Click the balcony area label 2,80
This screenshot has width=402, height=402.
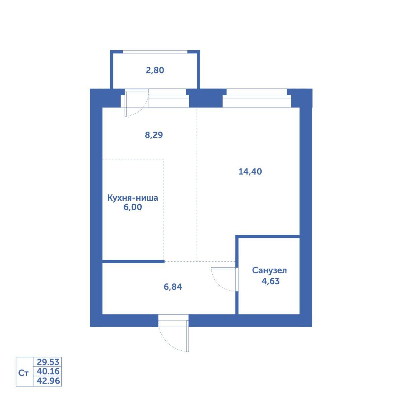click(x=155, y=70)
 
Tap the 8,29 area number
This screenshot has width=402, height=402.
click(x=154, y=135)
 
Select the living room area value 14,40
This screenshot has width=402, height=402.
click(x=250, y=172)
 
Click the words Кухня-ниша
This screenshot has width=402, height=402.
click(x=133, y=198)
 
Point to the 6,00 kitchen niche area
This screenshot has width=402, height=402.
click(x=133, y=207)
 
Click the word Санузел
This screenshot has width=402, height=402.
click(x=269, y=270)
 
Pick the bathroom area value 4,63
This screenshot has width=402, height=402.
click(x=271, y=281)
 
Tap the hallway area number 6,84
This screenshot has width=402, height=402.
click(x=173, y=287)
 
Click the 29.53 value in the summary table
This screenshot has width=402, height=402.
click(x=48, y=362)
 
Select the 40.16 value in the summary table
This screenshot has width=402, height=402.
click(x=48, y=371)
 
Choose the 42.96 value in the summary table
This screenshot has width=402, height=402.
click(x=48, y=381)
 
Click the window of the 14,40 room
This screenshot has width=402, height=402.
click(x=257, y=98)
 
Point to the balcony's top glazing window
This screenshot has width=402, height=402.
click(x=155, y=52)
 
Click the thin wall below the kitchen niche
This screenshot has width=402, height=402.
click(x=133, y=261)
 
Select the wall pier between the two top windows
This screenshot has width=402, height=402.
click(x=206, y=98)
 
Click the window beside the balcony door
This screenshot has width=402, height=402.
click(x=169, y=98)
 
